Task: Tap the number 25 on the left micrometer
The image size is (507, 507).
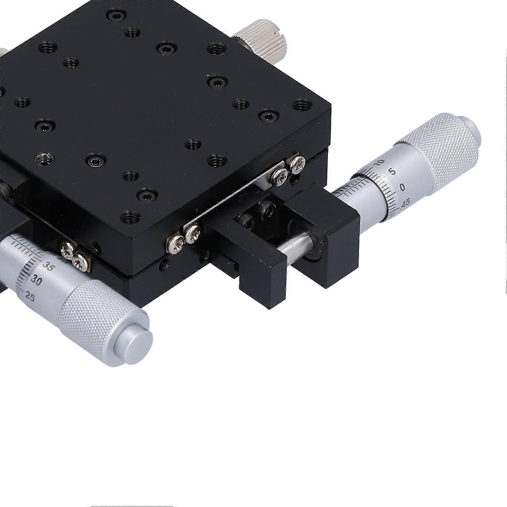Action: pyautogui.click(x=29, y=297)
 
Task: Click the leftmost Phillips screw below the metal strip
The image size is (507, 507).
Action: pyautogui.click(x=175, y=244)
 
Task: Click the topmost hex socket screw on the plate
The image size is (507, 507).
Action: pyautogui.click(x=116, y=14)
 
